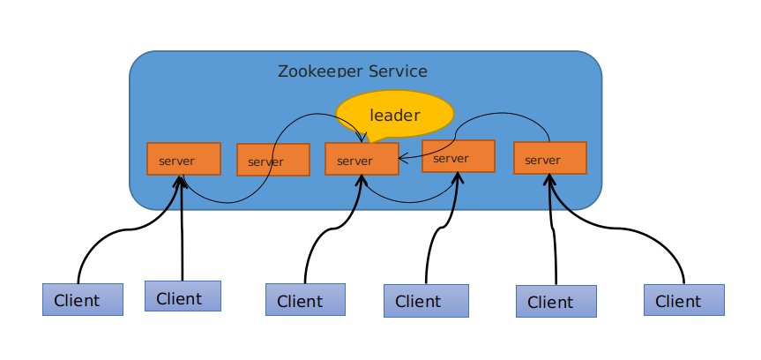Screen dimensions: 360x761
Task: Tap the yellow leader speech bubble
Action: click(394, 114)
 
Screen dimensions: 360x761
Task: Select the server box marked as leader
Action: click(362, 160)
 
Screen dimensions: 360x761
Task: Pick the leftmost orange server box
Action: click(183, 160)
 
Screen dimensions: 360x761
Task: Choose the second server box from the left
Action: click(273, 161)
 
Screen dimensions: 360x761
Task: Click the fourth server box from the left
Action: click(458, 157)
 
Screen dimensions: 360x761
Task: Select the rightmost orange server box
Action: click(549, 159)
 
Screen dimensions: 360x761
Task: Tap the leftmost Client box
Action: click(82, 300)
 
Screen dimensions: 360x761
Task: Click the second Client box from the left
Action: click(183, 297)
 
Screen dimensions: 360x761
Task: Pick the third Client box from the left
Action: click(305, 300)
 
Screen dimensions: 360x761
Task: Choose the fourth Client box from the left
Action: click(426, 301)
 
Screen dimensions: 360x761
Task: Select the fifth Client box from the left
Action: click(556, 302)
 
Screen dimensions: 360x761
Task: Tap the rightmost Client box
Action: click(683, 300)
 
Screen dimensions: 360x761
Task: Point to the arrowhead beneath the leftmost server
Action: click(182, 180)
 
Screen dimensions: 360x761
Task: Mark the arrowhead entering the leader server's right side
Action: click(402, 160)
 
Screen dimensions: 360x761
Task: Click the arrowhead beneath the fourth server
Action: click(459, 176)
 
